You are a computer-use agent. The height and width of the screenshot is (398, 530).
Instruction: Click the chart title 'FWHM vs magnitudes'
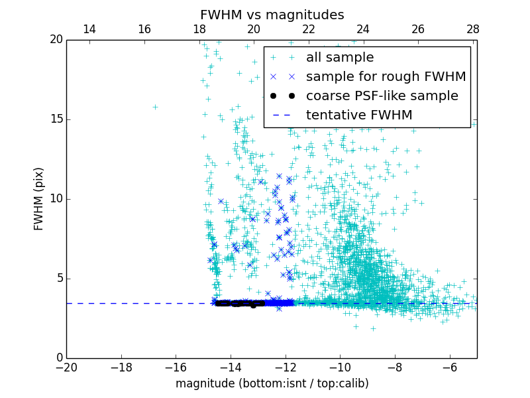click(x=272, y=15)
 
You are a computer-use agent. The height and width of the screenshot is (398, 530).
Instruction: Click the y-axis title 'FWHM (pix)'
click(x=39, y=198)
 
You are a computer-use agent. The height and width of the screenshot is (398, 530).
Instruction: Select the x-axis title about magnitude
click(x=272, y=383)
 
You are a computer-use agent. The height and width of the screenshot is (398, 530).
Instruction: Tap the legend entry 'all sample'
click(x=340, y=58)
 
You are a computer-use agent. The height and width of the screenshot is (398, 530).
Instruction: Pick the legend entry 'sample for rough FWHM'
click(x=386, y=76)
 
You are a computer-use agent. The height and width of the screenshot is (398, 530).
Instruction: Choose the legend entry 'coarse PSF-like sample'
click(x=382, y=96)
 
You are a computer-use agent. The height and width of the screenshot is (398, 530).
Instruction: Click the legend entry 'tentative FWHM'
click(x=359, y=115)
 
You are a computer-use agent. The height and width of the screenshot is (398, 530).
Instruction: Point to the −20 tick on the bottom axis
click(x=66, y=367)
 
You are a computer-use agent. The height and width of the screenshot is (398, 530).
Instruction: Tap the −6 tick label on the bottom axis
click(x=449, y=367)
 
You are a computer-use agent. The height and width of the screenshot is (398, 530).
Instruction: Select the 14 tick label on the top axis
click(x=89, y=29)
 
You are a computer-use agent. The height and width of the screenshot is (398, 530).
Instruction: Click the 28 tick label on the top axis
click(x=472, y=29)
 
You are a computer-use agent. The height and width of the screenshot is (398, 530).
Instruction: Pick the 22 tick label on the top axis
click(x=309, y=29)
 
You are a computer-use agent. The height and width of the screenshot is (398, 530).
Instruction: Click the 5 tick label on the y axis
click(x=58, y=279)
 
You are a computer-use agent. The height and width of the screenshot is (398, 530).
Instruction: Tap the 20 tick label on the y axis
click(x=56, y=40)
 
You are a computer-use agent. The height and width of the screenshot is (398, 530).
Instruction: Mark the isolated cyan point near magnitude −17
click(x=155, y=107)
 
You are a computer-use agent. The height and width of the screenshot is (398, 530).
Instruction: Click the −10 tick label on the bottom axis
click(x=339, y=367)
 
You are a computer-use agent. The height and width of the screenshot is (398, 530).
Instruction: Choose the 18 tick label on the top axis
click(x=199, y=29)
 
